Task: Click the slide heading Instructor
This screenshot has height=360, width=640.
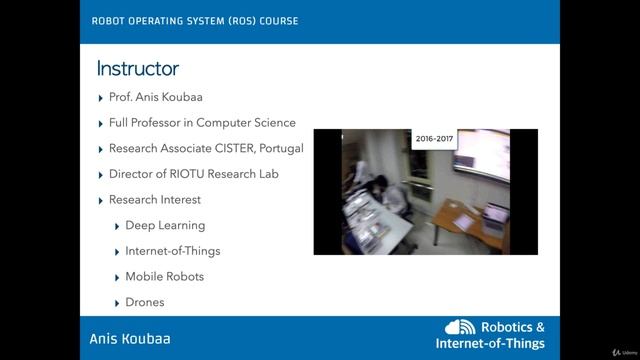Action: [x=137, y=69]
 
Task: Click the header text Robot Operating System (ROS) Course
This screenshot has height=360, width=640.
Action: [x=194, y=21]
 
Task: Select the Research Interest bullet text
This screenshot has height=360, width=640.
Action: [x=155, y=200]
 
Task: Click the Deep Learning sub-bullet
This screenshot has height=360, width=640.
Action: [x=165, y=226]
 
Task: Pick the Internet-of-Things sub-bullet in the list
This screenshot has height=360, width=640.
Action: [x=172, y=251]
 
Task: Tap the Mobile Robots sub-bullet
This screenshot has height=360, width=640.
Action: [x=164, y=277]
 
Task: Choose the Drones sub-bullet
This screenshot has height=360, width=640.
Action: [x=144, y=302]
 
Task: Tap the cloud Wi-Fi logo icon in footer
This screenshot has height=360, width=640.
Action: [x=461, y=328]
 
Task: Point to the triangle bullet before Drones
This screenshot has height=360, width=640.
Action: [x=118, y=302]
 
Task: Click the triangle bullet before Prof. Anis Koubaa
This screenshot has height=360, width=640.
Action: [x=101, y=98]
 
